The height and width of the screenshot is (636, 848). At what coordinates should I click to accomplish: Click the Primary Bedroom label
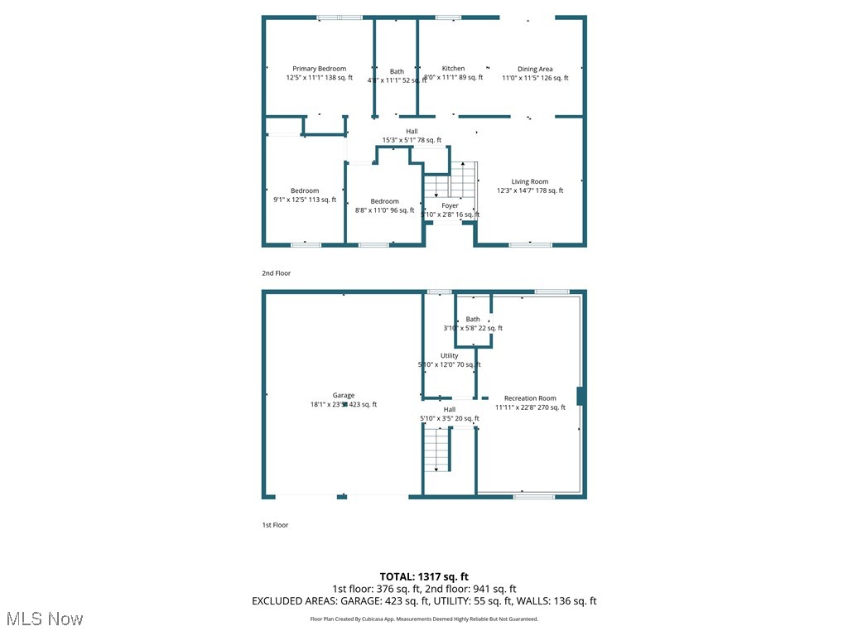(x=319, y=69)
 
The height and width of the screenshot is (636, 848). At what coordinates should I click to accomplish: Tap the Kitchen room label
(x=453, y=69)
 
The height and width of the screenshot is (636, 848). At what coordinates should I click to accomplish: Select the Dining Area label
(x=535, y=69)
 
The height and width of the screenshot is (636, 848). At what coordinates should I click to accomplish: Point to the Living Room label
(x=529, y=181)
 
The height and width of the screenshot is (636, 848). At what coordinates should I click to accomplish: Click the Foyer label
(x=450, y=205)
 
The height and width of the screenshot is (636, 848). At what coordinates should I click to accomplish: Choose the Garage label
(x=344, y=396)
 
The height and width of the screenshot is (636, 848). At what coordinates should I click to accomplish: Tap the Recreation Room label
(x=530, y=398)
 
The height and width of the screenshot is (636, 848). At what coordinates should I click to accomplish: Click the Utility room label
(x=449, y=356)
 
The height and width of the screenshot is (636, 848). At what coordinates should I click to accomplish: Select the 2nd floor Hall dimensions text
(x=412, y=141)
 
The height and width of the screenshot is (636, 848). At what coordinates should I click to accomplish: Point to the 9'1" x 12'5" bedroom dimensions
(x=305, y=200)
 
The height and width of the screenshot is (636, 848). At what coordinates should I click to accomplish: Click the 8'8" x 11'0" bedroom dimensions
(x=384, y=210)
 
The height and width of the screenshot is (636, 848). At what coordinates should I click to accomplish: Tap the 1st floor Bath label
(x=473, y=319)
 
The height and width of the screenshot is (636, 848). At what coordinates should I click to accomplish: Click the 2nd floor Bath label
(x=397, y=71)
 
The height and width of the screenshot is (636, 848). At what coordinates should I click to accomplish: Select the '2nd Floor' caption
(x=277, y=272)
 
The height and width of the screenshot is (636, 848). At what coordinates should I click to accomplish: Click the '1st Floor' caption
(x=275, y=524)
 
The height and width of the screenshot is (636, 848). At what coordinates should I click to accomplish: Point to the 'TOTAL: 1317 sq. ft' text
(x=424, y=576)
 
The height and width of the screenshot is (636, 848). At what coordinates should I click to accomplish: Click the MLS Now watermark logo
(x=45, y=619)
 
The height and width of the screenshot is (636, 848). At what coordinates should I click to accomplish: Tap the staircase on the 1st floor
(x=436, y=450)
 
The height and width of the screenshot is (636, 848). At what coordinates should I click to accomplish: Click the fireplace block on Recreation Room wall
(x=581, y=396)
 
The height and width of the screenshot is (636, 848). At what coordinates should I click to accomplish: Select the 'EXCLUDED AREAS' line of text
(x=424, y=601)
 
